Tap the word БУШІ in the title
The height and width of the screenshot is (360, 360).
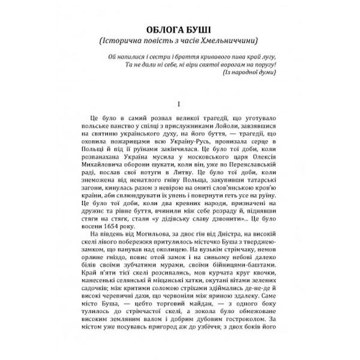208,30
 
